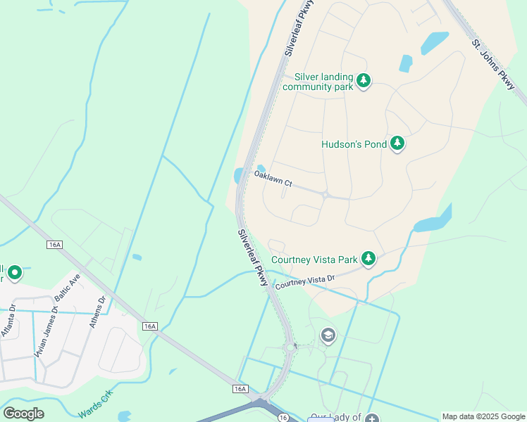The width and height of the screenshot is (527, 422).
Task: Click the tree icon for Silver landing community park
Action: (363, 81)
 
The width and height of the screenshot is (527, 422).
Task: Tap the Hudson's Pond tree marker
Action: (397, 144)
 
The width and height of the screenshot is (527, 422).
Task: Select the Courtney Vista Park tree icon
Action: (368, 259)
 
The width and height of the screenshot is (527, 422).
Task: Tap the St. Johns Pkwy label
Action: (493, 64)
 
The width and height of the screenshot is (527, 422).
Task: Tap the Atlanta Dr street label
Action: (8, 321)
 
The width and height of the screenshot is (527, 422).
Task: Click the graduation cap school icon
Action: (328, 335)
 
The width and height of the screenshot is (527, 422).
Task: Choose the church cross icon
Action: (372, 418)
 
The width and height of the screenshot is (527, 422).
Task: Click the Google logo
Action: (24, 414)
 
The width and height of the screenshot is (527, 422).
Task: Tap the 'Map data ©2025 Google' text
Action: (483, 416)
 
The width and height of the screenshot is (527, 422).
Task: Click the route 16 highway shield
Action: (283, 417)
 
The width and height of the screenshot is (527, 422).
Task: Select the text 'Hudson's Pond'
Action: (354, 144)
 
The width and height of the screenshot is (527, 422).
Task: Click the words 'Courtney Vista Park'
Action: (314, 260)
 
